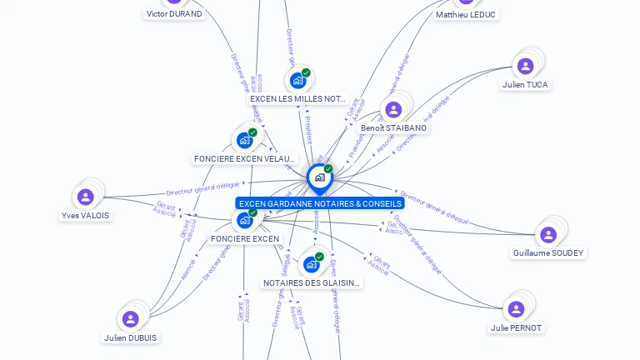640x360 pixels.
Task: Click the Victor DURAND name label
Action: pos(174,14)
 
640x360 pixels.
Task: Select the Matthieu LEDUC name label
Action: pos(465,15)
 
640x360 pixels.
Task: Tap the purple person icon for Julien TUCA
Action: pos(525,66)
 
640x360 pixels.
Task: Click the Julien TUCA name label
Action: pos(526,85)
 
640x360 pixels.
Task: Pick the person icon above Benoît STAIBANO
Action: pos(392,110)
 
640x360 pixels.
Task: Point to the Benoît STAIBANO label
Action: pos(393,128)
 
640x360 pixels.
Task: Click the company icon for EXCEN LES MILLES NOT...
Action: pos(297,81)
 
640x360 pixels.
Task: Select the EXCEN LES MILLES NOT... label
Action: pos(297,98)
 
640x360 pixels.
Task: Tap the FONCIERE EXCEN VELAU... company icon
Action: pos(244,140)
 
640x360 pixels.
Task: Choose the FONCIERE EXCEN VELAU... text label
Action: pos(244,158)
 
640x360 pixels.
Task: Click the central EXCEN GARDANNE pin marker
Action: pos(319,177)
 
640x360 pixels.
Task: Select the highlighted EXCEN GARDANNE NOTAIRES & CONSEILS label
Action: pos(320,203)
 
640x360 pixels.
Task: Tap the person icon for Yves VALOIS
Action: pos(85,197)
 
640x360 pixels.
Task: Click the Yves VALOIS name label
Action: pos(85,215)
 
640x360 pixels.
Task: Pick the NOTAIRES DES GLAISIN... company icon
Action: pos(312,265)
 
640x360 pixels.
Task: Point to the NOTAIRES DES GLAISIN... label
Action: pos(312,283)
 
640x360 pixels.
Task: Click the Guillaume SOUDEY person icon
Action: pos(547,235)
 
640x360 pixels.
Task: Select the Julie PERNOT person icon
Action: pos(516,309)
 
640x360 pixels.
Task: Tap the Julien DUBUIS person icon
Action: pos(130,319)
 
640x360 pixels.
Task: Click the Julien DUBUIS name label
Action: pos(131,337)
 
